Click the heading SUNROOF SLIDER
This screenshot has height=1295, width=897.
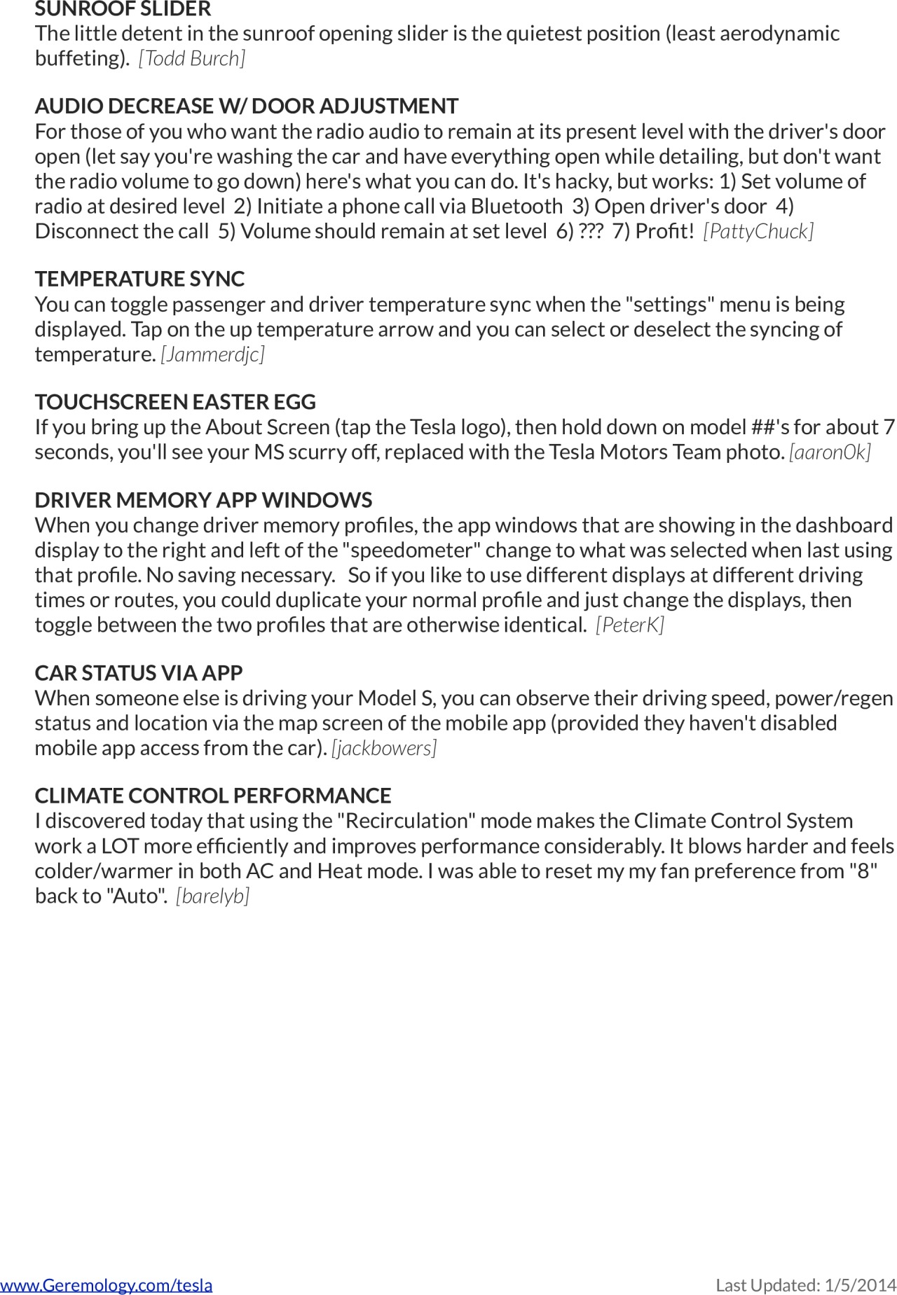point(123,9)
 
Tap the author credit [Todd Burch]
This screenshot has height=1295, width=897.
point(192,58)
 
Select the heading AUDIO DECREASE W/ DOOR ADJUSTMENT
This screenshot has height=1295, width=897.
point(247,106)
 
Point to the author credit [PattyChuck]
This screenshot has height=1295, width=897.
point(758,231)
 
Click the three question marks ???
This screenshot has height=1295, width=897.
point(591,231)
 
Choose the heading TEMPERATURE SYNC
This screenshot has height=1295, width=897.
point(139,279)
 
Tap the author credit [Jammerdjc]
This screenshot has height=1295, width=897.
point(213,354)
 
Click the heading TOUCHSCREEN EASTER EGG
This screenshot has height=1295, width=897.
point(175,402)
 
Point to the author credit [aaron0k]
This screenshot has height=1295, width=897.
point(830,452)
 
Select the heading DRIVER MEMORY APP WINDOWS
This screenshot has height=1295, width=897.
point(203,500)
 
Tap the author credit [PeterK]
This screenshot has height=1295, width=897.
point(630,625)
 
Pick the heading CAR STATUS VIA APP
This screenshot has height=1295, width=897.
point(139,673)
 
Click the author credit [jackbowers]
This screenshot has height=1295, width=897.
point(384,748)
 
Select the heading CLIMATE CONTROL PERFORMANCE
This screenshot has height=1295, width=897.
point(213,796)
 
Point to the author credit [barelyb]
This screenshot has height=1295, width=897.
point(213,896)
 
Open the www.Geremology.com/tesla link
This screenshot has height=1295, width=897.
point(107,1285)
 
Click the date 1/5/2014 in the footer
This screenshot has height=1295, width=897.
point(861,1285)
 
